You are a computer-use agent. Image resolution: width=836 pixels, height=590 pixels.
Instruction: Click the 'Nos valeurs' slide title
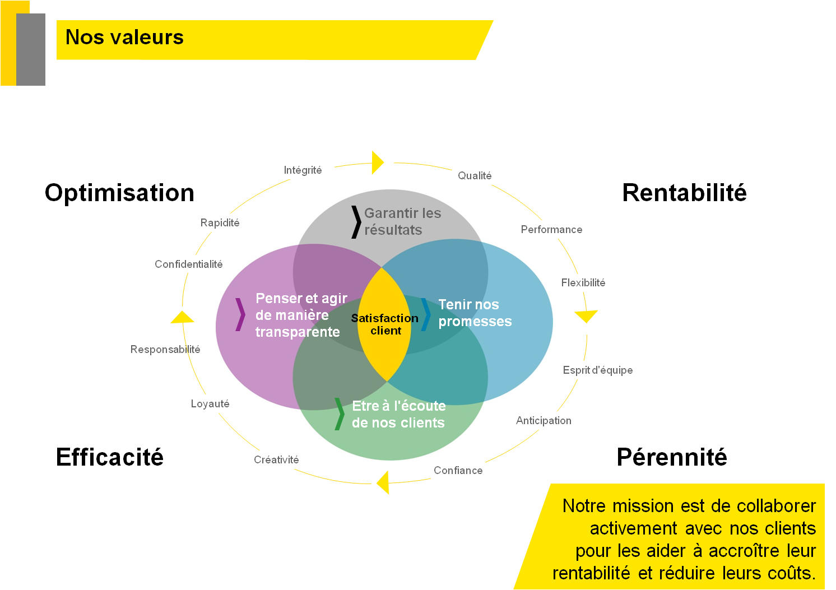click(x=124, y=38)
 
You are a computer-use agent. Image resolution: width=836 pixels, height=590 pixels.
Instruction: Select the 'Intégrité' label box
click(x=303, y=170)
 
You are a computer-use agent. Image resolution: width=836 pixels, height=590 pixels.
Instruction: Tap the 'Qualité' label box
click(x=475, y=176)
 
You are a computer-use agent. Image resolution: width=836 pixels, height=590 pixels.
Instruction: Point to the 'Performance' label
click(x=552, y=230)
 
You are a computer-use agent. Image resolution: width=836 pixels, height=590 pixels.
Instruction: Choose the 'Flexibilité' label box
click(x=583, y=283)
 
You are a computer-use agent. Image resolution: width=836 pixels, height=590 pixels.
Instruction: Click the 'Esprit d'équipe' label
click(x=598, y=370)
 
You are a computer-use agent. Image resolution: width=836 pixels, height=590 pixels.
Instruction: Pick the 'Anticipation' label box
click(x=544, y=421)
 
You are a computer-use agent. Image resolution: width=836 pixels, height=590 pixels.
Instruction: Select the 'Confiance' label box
click(x=458, y=471)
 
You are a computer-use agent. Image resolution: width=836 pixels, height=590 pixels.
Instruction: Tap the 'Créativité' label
click(x=276, y=460)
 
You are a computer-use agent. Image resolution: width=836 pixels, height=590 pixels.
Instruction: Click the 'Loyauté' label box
click(x=210, y=404)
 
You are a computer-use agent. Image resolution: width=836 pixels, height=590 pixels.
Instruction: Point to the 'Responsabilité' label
click(x=165, y=350)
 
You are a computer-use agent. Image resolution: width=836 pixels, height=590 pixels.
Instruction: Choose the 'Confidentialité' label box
click(x=188, y=264)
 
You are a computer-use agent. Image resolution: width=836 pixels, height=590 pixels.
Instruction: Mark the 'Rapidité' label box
click(x=220, y=223)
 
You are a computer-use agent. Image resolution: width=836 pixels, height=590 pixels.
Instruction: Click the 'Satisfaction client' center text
click(x=385, y=324)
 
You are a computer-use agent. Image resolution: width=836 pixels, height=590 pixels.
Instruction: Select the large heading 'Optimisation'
click(x=119, y=193)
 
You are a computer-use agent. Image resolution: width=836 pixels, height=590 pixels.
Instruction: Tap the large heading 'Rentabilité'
click(x=684, y=193)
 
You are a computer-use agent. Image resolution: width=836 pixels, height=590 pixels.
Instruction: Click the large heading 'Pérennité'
click(x=672, y=457)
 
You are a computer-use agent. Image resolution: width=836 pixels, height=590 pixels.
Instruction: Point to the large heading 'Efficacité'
click(x=110, y=457)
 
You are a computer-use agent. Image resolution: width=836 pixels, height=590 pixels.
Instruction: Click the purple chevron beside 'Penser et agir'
click(x=240, y=314)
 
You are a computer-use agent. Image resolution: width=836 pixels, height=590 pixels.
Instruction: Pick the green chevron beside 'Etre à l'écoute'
click(x=339, y=414)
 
